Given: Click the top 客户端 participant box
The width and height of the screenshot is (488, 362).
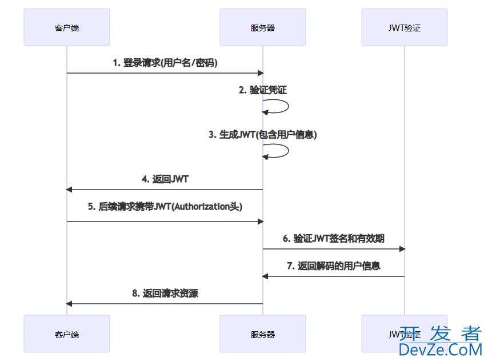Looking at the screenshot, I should pos(66,27).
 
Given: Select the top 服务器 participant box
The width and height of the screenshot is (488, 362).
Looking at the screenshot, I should pos(263,27).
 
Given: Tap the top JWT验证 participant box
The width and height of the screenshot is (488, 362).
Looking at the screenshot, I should pos(404,27).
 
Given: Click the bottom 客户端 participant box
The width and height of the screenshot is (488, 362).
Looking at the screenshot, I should pos(66,334).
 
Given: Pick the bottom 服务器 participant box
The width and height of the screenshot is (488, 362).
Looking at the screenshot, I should pos(263,334).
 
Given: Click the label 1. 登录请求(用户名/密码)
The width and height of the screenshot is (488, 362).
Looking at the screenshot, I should pos(165,63).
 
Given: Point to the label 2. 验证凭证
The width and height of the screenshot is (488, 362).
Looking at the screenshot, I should pos(263,90).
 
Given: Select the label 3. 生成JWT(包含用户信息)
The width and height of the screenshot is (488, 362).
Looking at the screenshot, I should pos(263,135).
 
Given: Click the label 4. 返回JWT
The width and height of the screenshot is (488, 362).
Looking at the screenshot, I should pos(165,179).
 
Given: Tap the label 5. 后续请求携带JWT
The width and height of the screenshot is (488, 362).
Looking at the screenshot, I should pos(165,207).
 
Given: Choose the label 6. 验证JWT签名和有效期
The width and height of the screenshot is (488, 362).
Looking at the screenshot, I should pos(334,239).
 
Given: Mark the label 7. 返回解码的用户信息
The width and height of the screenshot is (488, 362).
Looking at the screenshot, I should pos(334,266).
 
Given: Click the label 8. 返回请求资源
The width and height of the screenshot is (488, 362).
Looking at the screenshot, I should pos(165,293).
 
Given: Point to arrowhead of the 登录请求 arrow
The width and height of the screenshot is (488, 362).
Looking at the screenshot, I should pos(260,73).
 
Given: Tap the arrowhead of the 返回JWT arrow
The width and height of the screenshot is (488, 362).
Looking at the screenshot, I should pos(69,190).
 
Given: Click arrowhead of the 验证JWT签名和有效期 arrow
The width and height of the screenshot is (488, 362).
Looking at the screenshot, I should pos(402,249).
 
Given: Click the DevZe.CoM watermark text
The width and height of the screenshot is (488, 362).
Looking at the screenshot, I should pos(440,349).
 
